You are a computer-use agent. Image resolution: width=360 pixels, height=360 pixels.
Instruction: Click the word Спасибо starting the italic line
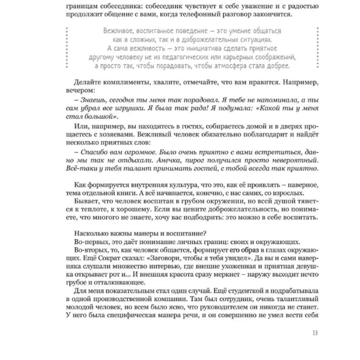93,152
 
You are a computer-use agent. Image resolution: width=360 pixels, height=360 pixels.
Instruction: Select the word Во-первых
90,242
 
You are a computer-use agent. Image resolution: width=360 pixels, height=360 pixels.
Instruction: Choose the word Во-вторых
90,250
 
